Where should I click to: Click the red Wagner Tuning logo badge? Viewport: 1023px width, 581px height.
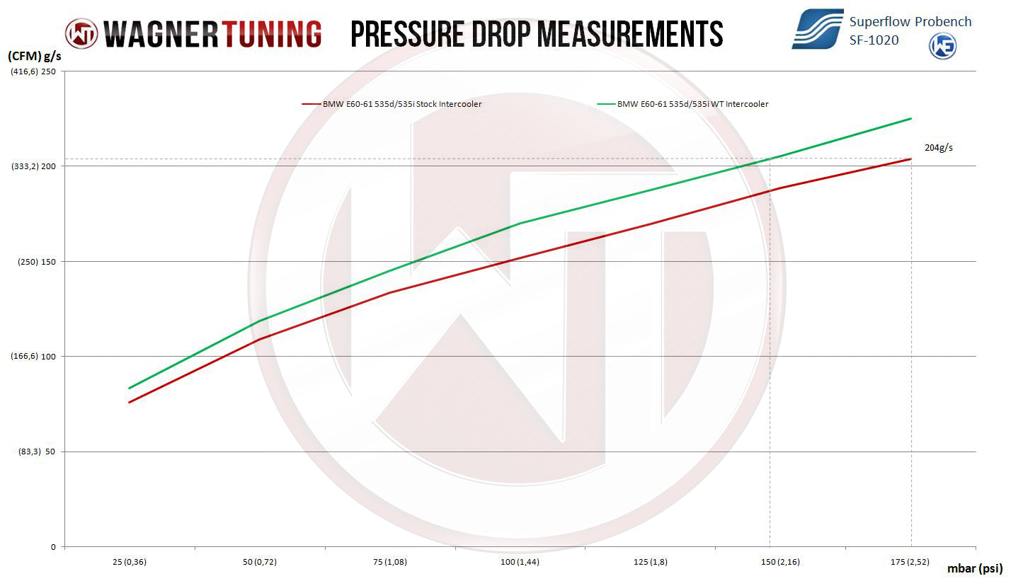pos(81,33)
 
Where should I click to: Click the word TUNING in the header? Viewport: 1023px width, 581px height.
pos(272,34)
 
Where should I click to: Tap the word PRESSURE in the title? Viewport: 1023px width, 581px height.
pos(414,34)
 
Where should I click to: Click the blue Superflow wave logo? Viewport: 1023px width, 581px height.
pos(817,29)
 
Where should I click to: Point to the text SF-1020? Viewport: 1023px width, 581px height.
pos(874,40)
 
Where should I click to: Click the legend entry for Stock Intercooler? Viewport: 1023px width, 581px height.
pos(392,104)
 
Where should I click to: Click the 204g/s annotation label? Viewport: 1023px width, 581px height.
pos(939,148)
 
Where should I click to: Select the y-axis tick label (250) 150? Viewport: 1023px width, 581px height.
pos(36,262)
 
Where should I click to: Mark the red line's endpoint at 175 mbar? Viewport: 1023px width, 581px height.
pos(910,159)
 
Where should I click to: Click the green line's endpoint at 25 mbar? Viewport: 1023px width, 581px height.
pos(129,388)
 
